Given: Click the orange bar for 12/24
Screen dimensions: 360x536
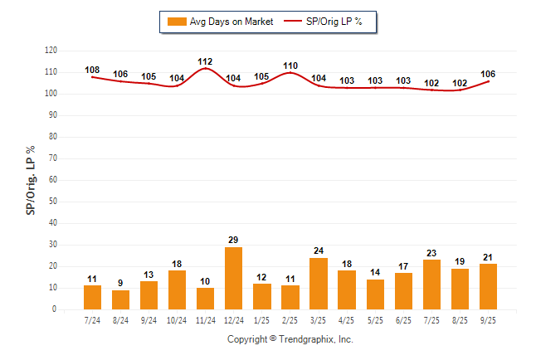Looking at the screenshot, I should click(234, 278).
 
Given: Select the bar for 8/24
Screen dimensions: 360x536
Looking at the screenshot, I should click(120, 299).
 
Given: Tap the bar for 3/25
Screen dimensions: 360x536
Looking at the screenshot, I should click(319, 284).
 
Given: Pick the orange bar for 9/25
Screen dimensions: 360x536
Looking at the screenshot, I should click(488, 287).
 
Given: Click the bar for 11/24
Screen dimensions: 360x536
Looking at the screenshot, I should click(206, 299).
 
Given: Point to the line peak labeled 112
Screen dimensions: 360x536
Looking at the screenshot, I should click(206, 69).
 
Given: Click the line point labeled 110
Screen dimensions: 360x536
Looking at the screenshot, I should click(290, 73).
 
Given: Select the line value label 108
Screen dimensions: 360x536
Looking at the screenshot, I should click(92, 70).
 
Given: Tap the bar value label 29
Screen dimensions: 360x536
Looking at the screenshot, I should click(234, 240).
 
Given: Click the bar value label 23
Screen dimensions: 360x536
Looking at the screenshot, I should click(431, 253).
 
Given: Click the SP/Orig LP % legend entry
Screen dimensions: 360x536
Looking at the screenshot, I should click(324, 22).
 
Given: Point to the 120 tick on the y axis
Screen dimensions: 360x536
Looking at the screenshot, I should click(51, 51).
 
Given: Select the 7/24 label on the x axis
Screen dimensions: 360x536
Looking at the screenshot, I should click(92, 319).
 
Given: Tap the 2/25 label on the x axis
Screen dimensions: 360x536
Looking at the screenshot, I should click(290, 319).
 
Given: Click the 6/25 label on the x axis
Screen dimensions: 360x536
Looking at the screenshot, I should click(403, 319).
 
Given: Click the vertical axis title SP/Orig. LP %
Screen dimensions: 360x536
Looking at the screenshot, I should click(31, 180).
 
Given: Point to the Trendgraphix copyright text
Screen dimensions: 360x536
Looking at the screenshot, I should click(290, 339).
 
